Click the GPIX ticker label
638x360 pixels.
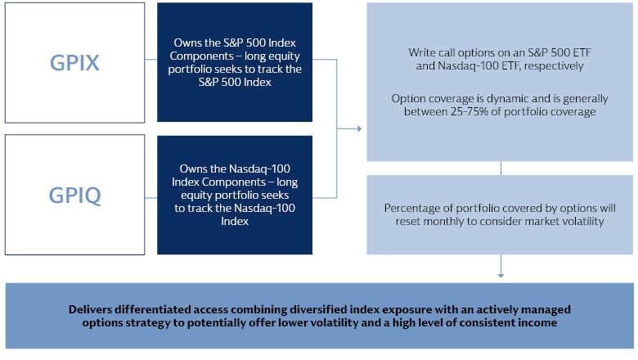point(74,63)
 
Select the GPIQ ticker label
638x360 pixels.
point(75,196)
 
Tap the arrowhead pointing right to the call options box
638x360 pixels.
point(359,128)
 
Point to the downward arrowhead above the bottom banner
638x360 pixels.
point(501,276)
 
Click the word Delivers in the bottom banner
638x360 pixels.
point(90,309)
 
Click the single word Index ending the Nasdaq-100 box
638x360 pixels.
point(235,221)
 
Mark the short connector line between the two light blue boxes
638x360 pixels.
point(501,169)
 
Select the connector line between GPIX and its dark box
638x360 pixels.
point(151,60)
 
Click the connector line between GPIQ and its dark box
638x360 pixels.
point(151,198)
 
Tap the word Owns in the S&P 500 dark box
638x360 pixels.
point(186,43)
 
